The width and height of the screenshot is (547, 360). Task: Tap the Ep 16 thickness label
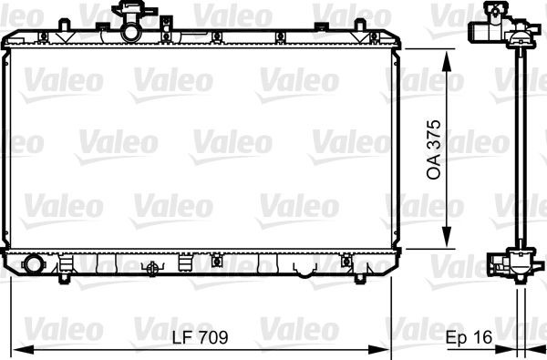469,337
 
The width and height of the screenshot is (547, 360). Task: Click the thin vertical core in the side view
521,146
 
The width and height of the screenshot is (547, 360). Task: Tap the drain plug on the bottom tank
152,268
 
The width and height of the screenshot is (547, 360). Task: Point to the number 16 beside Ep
482,337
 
